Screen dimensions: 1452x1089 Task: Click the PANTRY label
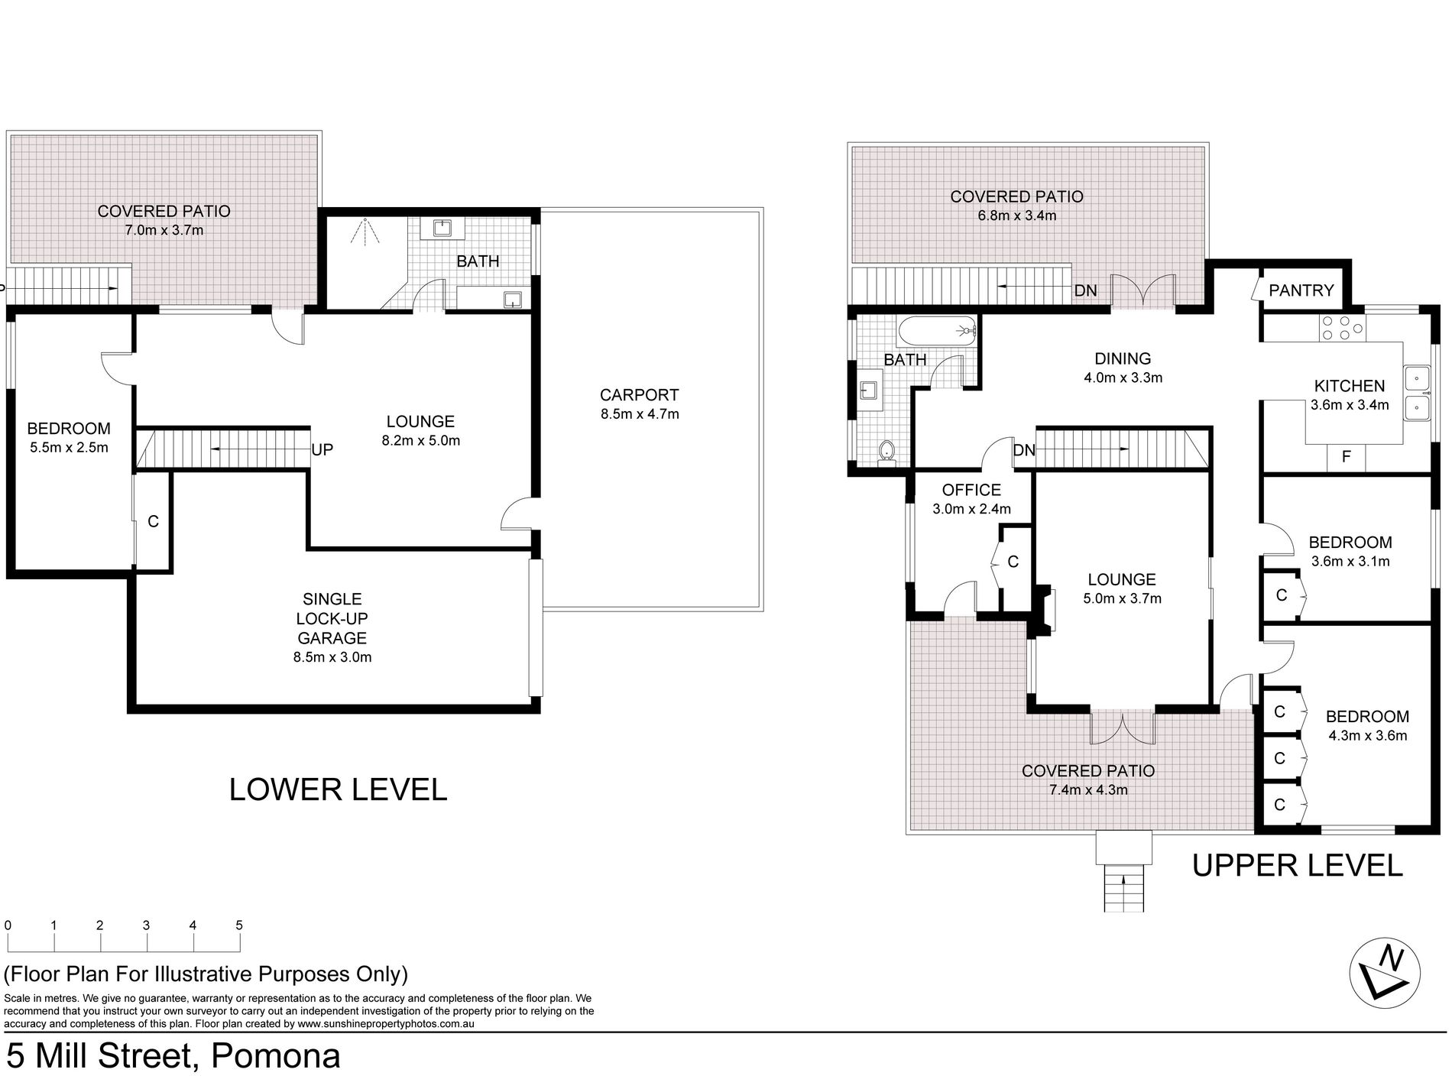coord(1301,290)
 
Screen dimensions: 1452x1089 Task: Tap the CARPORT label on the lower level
coord(639,395)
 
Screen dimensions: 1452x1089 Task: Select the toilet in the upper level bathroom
coord(886,452)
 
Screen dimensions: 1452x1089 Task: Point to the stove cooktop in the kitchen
coord(1343,328)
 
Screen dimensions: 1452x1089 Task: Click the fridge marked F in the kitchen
coord(1347,457)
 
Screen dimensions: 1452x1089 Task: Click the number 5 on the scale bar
coord(239,925)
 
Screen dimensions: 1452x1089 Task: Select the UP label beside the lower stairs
coord(322,449)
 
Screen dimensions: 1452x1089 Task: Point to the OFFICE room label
coord(971,490)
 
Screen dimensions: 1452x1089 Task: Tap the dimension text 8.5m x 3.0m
coord(333,656)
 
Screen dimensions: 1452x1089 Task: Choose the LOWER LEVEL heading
coord(338,789)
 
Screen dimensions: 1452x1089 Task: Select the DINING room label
coord(1123,358)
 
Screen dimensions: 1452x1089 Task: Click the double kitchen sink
coord(1417,394)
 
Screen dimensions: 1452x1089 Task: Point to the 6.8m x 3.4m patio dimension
coord(1016,216)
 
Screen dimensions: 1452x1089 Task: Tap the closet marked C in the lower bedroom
coord(153,521)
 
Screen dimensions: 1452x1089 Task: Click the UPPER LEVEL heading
coord(1298,865)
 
